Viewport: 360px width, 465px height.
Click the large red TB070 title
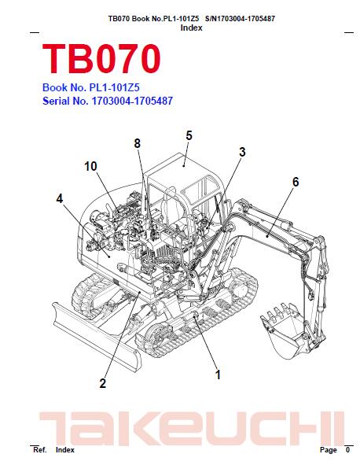[101, 59]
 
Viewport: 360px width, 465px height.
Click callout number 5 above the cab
[189, 135]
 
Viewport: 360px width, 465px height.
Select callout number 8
[137, 143]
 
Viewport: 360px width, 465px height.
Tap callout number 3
[242, 152]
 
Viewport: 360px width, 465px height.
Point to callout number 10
[90, 166]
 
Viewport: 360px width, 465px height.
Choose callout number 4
[60, 199]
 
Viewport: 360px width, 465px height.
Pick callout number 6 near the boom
[296, 182]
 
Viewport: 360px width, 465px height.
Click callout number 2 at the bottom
[102, 383]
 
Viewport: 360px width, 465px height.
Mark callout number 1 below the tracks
[218, 375]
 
